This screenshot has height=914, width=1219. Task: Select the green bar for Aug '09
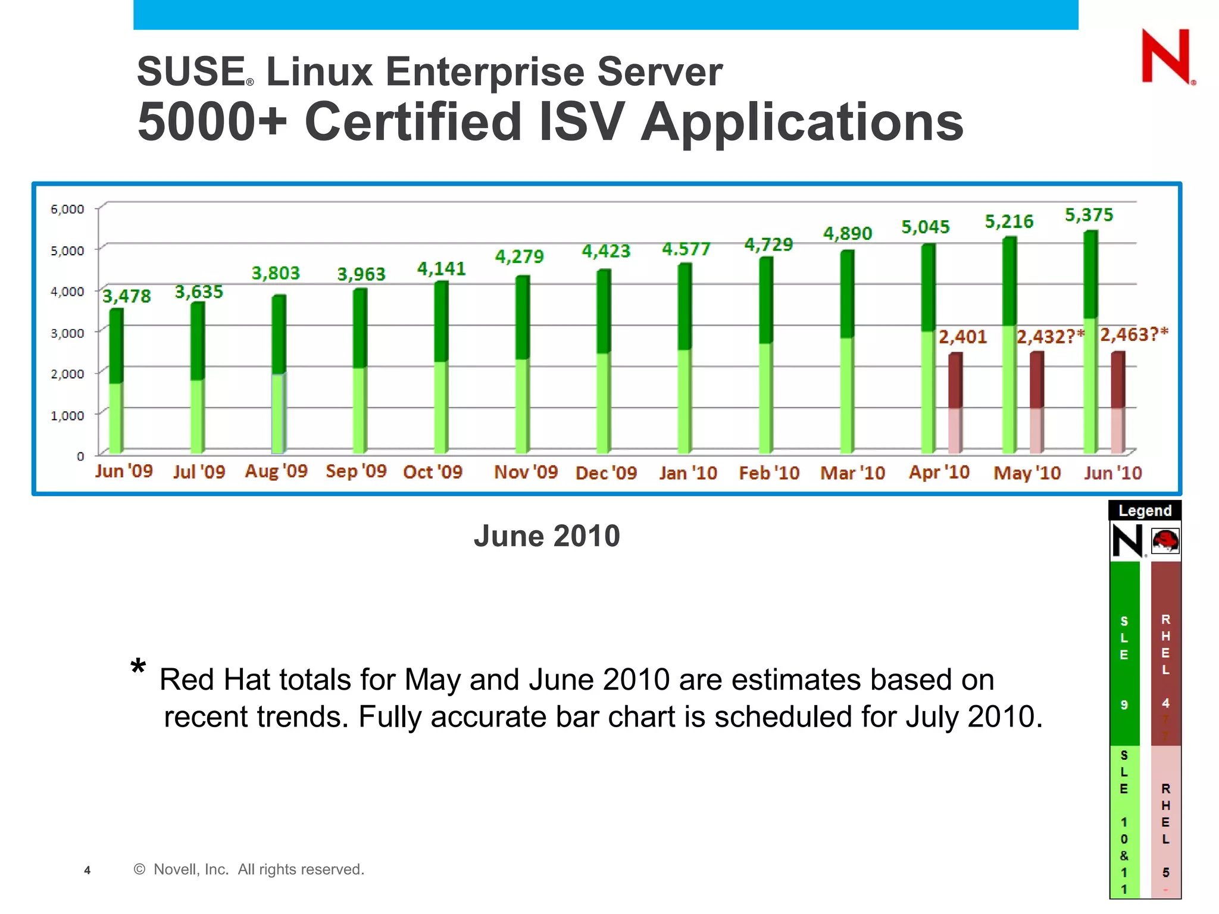pyautogui.click(x=279, y=375)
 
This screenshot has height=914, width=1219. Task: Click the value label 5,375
pyautogui.click(x=1089, y=215)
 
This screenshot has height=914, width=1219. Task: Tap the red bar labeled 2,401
pyautogui.click(x=955, y=403)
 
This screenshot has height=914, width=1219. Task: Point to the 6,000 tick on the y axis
pyautogui.click(x=67, y=209)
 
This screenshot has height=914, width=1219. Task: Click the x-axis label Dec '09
pyautogui.click(x=606, y=473)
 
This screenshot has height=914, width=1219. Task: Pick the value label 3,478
pyautogui.click(x=127, y=296)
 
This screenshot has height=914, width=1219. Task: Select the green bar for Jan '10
pyautogui.click(x=684, y=358)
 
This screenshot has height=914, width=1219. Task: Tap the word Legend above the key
pyautogui.click(x=1145, y=511)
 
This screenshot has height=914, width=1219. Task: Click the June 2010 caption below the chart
pyautogui.click(x=546, y=536)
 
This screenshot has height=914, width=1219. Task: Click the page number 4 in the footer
pyautogui.click(x=87, y=871)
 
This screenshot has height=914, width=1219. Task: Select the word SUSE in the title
pyautogui.click(x=191, y=72)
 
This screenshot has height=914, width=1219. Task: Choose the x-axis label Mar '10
pyautogui.click(x=852, y=473)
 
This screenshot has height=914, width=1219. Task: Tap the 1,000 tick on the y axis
pyautogui.click(x=67, y=415)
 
